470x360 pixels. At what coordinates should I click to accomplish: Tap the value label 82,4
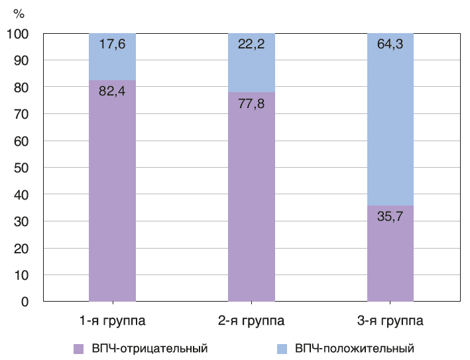[x=112, y=91]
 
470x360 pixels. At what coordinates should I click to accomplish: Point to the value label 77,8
[x=251, y=103]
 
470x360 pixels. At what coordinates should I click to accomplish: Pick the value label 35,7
[x=390, y=215]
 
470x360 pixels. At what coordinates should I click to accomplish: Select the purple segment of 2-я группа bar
[x=251, y=199]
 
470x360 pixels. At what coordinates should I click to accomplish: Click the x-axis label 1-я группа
[x=112, y=322]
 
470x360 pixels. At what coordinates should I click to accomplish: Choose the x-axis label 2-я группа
[x=251, y=322]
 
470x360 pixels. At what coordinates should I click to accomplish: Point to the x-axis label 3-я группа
[x=390, y=322]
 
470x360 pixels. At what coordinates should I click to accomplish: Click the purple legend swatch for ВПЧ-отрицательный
[x=78, y=348]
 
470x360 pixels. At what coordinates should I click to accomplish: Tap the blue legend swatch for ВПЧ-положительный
[x=282, y=348]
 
